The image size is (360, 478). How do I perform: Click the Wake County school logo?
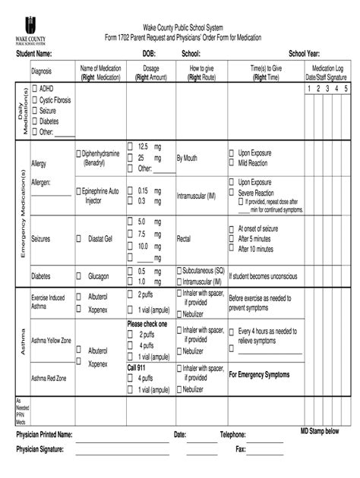point(30,29)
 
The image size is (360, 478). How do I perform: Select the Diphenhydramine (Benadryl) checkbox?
point(79,153)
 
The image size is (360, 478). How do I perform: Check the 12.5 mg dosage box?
point(130,146)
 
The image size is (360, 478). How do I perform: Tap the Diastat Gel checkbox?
point(79,237)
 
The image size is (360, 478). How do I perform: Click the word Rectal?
point(183,237)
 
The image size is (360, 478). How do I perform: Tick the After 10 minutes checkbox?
point(232,248)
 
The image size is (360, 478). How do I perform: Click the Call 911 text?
point(138,366)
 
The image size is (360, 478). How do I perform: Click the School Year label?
point(304,55)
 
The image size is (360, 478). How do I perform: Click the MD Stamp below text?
point(320,431)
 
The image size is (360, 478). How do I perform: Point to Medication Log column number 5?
point(346,88)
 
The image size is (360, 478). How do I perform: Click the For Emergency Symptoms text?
point(259,375)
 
